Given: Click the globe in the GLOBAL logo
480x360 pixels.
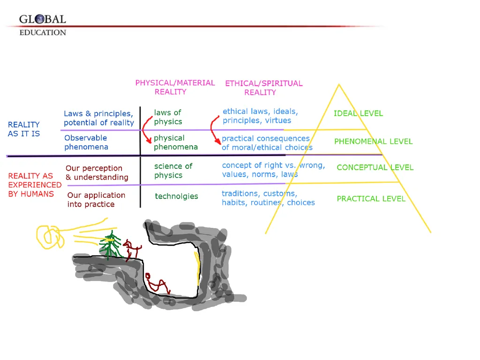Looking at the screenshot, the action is point(39,19).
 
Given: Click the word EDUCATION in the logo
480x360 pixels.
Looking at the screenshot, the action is point(43,32).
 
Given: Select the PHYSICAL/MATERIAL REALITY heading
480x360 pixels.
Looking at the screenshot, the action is point(175,87).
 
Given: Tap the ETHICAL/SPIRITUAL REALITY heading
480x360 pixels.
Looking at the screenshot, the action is point(263,88).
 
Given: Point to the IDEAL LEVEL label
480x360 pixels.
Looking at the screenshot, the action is point(358,113).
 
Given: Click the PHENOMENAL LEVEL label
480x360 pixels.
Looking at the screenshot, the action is point(373,142).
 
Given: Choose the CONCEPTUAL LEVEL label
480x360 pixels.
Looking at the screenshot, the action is point(375,167).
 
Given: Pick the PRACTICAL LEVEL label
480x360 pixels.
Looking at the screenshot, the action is point(371,199).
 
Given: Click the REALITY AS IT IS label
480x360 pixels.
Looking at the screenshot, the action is point(23,129).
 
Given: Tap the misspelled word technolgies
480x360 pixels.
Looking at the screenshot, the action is point(176,196).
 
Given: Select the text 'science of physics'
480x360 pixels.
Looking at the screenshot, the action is point(173,171).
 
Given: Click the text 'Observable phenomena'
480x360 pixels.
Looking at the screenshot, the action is point(86,142).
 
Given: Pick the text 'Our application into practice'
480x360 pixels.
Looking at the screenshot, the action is point(96,200).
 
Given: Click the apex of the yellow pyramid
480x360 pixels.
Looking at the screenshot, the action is point(339,84).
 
